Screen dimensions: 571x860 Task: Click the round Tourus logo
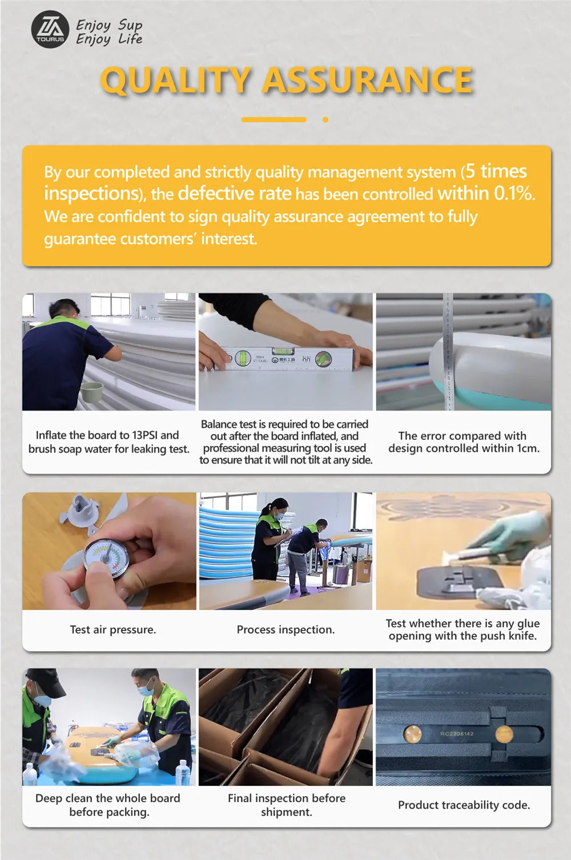pyautogui.click(x=50, y=29)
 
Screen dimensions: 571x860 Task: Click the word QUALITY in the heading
pyautogui.click(x=175, y=81)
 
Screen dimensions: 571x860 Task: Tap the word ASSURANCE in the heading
pyautogui.click(x=368, y=80)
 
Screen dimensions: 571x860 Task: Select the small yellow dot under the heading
pyautogui.click(x=325, y=120)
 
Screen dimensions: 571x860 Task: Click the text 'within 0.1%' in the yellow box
pyautogui.click(x=486, y=193)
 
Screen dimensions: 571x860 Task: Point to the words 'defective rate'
pyautogui.click(x=235, y=193)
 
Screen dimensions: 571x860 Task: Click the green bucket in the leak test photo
pyautogui.click(x=92, y=392)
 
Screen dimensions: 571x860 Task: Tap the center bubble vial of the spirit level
pyautogui.click(x=283, y=351)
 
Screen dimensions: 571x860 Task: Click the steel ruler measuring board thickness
pyautogui.click(x=448, y=351)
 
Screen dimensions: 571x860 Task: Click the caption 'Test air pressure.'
pyautogui.click(x=113, y=630)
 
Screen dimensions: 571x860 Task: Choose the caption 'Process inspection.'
pyautogui.click(x=285, y=630)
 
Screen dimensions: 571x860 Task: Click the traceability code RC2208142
pyautogui.click(x=457, y=734)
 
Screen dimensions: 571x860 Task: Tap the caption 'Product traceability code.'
pyautogui.click(x=464, y=805)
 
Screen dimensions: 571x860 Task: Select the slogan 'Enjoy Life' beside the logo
pyautogui.click(x=109, y=39)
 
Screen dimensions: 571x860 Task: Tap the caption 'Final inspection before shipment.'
pyautogui.click(x=287, y=805)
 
